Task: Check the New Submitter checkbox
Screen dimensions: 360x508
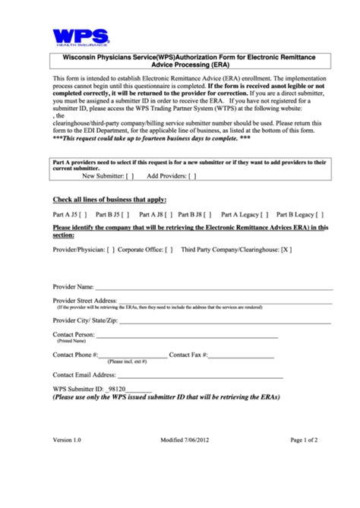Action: point(130,175)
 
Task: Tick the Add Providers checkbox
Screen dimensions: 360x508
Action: point(191,175)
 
